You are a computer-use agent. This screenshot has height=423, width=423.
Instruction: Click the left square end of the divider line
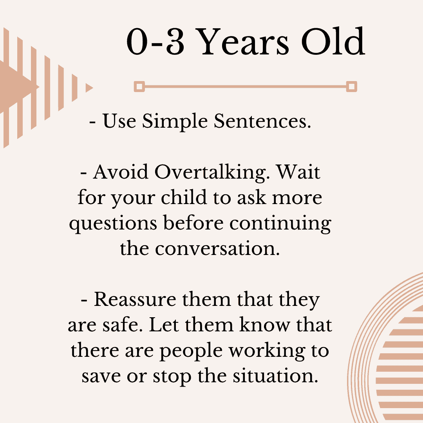[x=139, y=87]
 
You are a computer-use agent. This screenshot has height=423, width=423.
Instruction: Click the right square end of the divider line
[x=351, y=87]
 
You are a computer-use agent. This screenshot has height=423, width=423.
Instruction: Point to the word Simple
[x=175, y=122]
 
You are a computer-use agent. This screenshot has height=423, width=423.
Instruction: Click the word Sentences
[x=262, y=121]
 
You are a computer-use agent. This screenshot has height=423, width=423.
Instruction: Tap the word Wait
[x=298, y=172]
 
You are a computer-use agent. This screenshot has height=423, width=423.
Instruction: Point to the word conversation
[x=217, y=248]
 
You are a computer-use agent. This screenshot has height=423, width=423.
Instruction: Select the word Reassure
[x=135, y=300]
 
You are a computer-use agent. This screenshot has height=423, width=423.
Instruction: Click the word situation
[x=275, y=376]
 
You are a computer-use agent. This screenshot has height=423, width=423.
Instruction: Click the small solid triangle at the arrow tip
[x=89, y=88]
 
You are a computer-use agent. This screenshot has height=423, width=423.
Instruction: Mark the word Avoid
[x=121, y=172]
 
